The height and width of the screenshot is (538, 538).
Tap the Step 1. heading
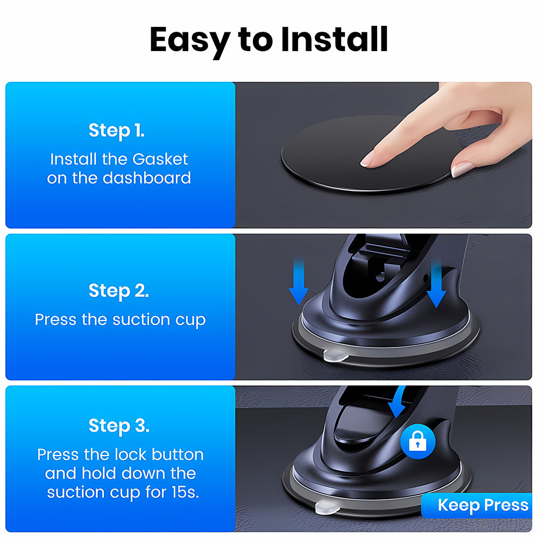click(116, 130)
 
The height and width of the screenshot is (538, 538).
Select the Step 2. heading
click(119, 291)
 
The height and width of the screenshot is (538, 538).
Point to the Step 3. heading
click(119, 426)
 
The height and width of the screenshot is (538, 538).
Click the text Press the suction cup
click(120, 320)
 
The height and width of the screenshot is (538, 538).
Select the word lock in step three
click(131, 455)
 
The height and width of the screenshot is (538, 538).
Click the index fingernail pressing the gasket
click(368, 158)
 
